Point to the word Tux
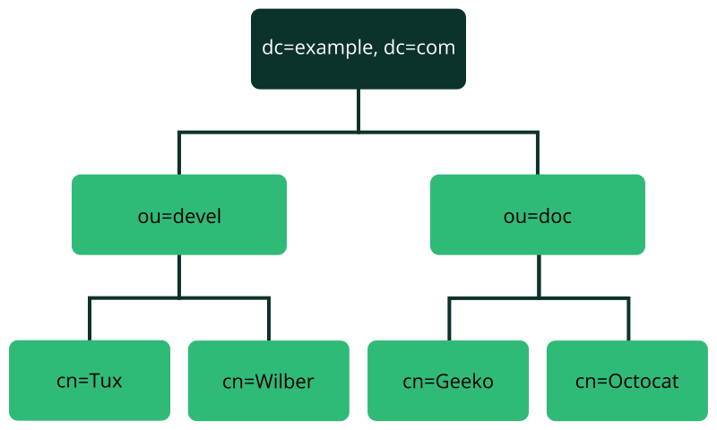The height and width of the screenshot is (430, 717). (x=102, y=381)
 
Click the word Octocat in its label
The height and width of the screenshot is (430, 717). (x=644, y=382)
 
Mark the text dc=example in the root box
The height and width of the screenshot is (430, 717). (x=313, y=48)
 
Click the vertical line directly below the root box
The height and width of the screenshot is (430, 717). (x=358, y=109)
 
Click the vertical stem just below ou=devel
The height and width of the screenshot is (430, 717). (x=179, y=275)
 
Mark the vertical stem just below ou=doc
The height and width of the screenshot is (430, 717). (x=538, y=275)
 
